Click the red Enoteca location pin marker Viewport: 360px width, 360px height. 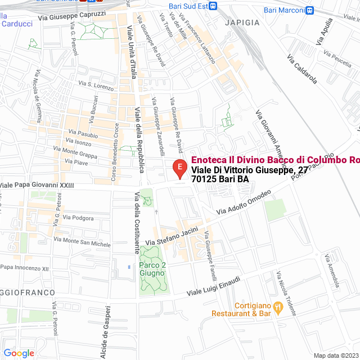[179, 168]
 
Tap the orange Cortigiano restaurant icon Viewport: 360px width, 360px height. [277, 307]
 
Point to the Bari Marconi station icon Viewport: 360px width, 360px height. [310, 10]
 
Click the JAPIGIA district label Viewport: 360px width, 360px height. [242, 22]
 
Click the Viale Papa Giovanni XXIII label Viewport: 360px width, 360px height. [37, 185]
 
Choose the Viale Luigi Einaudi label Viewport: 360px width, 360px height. [214, 287]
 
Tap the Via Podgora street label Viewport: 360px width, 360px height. [78, 217]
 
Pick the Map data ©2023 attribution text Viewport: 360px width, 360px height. [335, 355]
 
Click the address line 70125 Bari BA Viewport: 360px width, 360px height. [219, 179]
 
